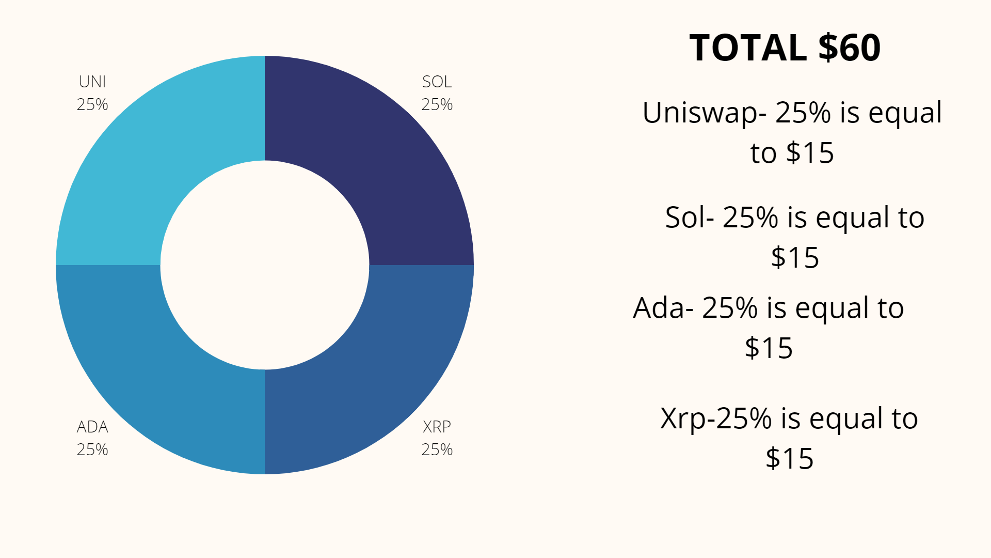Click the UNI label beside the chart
click(92, 82)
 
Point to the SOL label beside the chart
click(437, 82)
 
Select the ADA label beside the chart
click(92, 427)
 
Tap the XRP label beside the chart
click(437, 427)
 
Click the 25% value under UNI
click(92, 104)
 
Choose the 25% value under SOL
click(437, 104)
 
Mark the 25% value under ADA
click(92, 450)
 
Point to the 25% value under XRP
click(437, 450)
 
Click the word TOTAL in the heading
click(748, 48)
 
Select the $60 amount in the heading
click(850, 48)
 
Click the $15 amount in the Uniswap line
click(810, 153)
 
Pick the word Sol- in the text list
click(690, 218)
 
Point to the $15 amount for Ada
click(769, 348)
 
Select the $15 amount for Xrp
click(789, 458)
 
